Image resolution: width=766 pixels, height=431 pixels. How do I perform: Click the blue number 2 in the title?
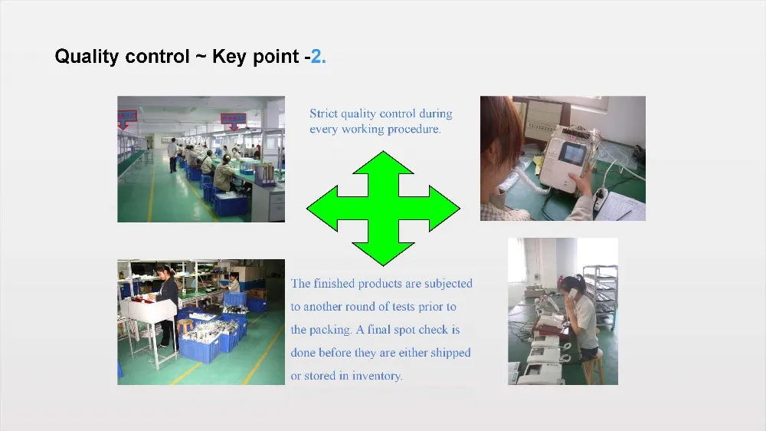pyautogui.click(x=316, y=56)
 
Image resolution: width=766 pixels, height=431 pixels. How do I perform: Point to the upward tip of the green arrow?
pyautogui.click(x=384, y=152)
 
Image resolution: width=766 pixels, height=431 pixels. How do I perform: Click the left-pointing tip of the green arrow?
pyautogui.click(x=308, y=209)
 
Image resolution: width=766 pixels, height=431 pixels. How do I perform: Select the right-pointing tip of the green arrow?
pyautogui.click(x=459, y=209)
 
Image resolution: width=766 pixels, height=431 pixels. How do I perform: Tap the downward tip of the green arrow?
pyautogui.click(x=384, y=265)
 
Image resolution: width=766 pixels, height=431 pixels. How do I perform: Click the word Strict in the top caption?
pyautogui.click(x=323, y=114)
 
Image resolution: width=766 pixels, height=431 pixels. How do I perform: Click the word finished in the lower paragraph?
pyautogui.click(x=334, y=283)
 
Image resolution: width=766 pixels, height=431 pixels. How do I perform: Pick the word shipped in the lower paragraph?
pyautogui.click(x=450, y=354)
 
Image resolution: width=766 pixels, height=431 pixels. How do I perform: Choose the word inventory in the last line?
pyautogui.click(x=377, y=376)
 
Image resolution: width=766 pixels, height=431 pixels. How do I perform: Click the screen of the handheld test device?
pyautogui.click(x=570, y=153)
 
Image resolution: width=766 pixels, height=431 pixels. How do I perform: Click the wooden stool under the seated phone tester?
pyautogui.click(x=593, y=368)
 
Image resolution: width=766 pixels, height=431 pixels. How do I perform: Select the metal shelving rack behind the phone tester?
pyautogui.click(x=601, y=297)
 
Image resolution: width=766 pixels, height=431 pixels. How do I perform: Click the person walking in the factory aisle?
pyautogui.click(x=172, y=155)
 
